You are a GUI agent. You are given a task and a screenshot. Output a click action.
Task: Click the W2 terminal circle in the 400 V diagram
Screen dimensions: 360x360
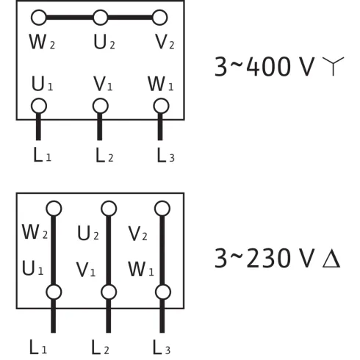click(x=39, y=16)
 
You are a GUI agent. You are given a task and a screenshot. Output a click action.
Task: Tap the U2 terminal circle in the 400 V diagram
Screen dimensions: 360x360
click(x=100, y=16)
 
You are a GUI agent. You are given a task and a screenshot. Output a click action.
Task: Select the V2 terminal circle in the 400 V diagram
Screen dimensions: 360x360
click(x=160, y=16)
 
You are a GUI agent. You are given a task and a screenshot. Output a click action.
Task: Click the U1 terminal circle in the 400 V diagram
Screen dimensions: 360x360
click(x=39, y=106)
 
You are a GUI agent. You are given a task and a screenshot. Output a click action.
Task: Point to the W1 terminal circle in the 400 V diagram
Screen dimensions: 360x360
click(x=160, y=106)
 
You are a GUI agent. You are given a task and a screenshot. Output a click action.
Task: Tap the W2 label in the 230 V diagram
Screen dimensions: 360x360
click(x=33, y=234)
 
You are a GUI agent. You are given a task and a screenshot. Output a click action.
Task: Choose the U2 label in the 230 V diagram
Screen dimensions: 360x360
click(x=88, y=234)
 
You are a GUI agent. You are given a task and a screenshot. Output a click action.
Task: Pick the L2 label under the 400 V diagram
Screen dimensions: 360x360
click(x=103, y=156)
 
